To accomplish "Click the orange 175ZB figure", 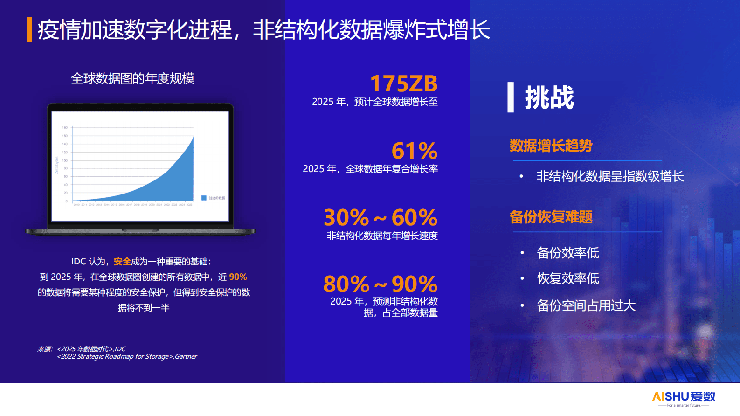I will [404, 84].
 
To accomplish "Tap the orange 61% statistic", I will [415, 151].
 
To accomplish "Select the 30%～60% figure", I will [380, 217].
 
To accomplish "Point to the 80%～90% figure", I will [380, 284].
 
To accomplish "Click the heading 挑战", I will [549, 98].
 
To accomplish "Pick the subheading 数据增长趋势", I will [551, 146].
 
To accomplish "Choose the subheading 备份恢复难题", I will [551, 217].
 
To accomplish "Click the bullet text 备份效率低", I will [568, 253].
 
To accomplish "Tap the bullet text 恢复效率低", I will [568, 278].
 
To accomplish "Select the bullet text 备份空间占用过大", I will [586, 305].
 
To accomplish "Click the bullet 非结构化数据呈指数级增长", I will [610, 176].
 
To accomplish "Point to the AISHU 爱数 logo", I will [684, 397].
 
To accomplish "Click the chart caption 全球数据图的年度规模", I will [132, 78].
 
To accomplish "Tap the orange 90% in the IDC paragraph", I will [238, 277].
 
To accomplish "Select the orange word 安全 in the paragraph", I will [122, 262].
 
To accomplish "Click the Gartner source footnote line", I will [127, 357].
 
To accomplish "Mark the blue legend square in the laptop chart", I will [204, 198].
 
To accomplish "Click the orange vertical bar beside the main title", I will [29, 29].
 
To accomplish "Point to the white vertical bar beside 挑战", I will [511, 97].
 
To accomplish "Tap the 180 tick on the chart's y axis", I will [65, 127].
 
